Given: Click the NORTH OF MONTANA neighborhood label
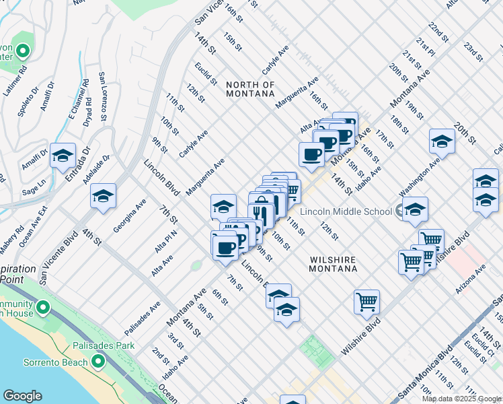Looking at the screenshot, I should click(250, 90).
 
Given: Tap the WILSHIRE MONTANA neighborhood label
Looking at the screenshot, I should click(333, 264).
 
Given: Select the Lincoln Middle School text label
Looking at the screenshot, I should click(346, 211).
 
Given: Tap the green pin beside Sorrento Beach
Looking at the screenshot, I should click(98, 362).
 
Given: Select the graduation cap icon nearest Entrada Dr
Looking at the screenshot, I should click(63, 155).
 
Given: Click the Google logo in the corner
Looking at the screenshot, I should click(23, 396).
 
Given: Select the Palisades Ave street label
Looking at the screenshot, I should click(143, 318).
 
